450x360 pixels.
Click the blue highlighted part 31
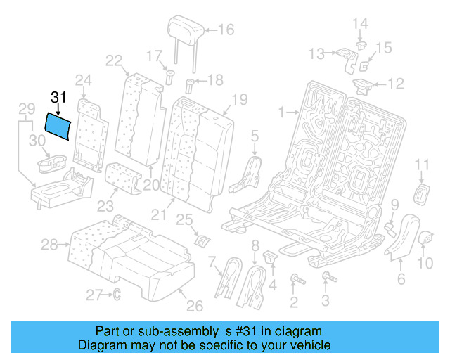click(58, 127)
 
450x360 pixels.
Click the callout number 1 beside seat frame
click(282, 112)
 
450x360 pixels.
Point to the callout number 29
click(26, 109)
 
